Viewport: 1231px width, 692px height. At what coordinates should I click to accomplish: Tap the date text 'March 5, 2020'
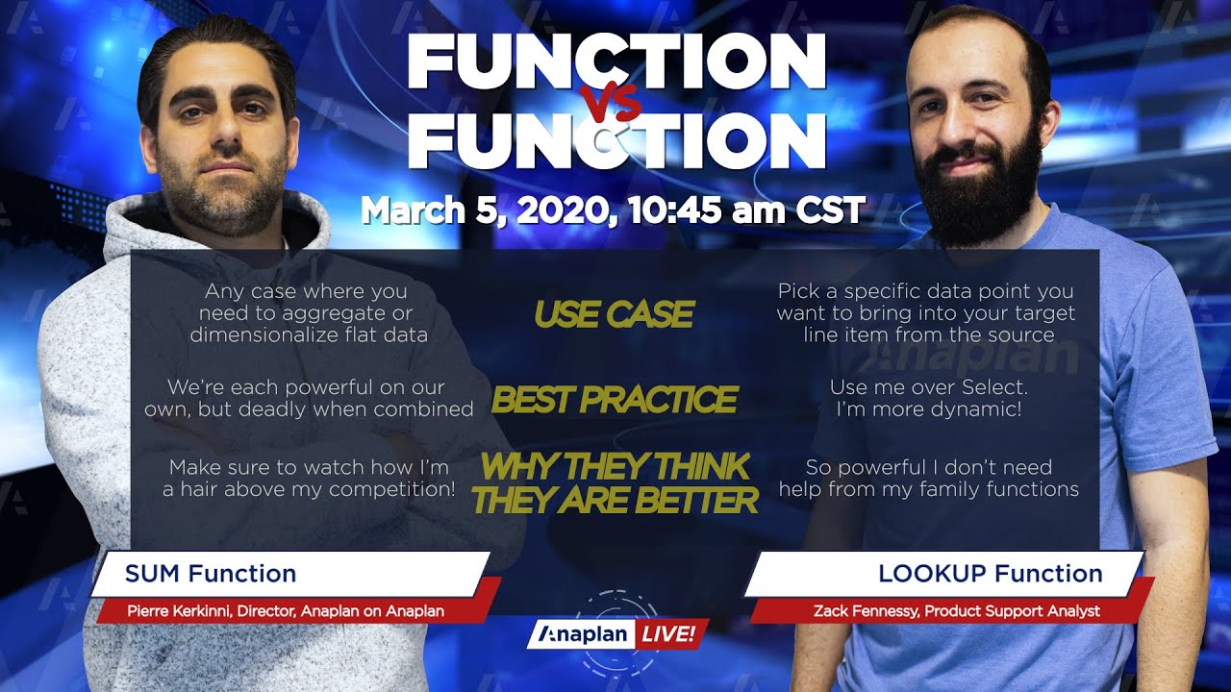coord(482,210)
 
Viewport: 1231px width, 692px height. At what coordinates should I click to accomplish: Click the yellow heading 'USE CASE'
coord(614,314)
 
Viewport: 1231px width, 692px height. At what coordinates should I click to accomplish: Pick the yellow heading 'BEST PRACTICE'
coord(614,399)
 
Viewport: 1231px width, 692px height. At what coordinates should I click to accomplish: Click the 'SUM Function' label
coord(210,575)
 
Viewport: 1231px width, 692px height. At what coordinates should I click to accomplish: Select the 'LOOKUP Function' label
coord(990,575)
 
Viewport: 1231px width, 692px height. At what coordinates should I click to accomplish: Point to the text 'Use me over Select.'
coord(928,387)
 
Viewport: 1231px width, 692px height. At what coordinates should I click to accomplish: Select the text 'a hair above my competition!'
coord(309,489)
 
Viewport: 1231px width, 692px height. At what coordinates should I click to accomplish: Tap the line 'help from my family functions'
coord(928,489)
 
